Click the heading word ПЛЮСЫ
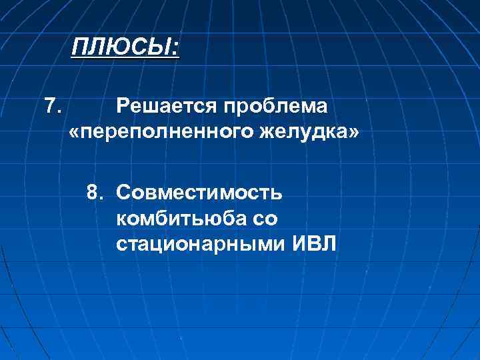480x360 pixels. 123,48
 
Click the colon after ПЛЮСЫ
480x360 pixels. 176,49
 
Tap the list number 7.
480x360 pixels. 53,105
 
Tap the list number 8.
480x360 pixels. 95,193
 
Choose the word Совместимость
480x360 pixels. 199,193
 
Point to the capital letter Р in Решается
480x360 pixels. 121,106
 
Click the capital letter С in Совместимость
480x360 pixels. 122,193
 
